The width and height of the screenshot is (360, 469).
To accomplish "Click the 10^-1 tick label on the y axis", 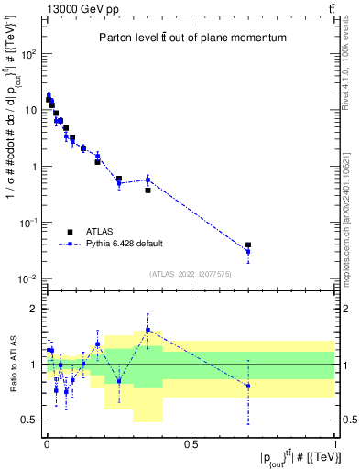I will (x=28, y=223).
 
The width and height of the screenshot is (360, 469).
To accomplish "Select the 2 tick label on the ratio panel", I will (x=35, y=309).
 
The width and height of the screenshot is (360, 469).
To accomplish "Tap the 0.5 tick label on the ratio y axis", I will (x=30, y=420).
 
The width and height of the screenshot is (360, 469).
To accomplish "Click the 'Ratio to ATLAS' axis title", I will (x=12, y=365).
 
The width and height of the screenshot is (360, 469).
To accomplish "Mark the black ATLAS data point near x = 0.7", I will (x=248, y=245).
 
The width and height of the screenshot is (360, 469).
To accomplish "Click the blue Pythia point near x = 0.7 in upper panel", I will (x=248, y=252).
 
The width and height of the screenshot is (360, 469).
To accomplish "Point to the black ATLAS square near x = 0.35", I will (x=147, y=191).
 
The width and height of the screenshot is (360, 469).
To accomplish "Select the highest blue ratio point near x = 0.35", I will (x=147, y=330).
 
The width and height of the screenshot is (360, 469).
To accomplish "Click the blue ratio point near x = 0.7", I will (x=248, y=386).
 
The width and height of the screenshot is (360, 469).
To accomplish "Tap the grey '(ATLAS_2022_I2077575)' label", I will (x=189, y=273).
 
